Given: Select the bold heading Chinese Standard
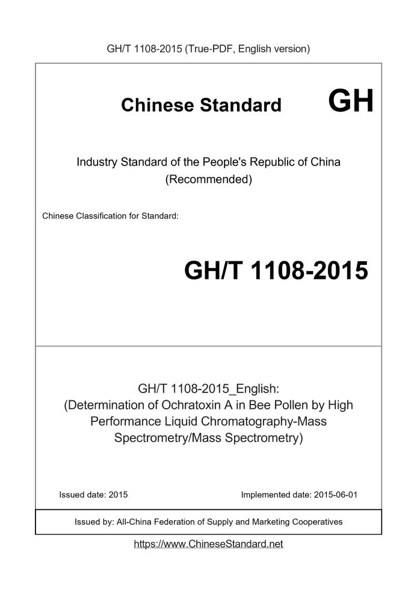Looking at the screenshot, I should tap(201, 105).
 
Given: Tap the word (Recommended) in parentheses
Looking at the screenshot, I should tap(208, 179).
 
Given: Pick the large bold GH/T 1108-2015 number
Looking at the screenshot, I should tap(276, 271).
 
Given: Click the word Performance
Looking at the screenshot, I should tap(125, 422).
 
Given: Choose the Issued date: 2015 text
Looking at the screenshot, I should tap(93, 495).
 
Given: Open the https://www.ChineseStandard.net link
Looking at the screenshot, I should tap(208, 544).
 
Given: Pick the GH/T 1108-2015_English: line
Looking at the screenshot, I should tap(208, 388).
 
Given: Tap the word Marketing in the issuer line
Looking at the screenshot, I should tap(265, 522).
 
